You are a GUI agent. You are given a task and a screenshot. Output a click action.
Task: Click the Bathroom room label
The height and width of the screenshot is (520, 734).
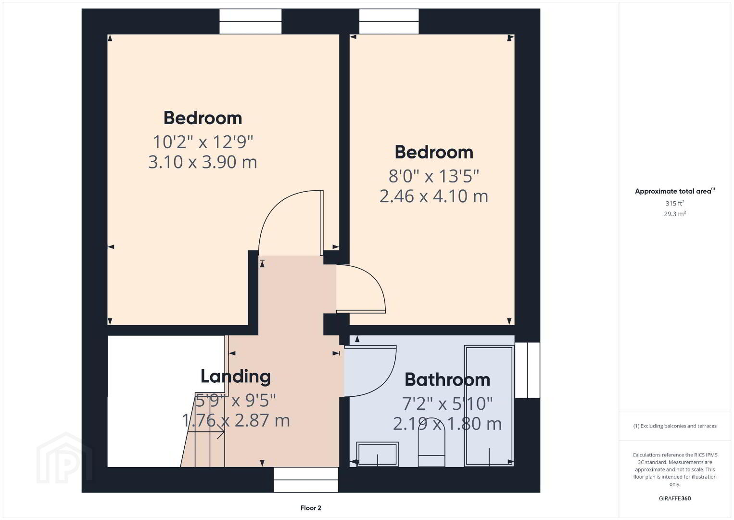447,379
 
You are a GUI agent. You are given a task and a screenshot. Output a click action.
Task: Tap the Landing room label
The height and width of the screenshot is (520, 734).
236,377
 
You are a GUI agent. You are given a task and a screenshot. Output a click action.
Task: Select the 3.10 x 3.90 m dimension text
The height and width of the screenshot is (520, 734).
202,162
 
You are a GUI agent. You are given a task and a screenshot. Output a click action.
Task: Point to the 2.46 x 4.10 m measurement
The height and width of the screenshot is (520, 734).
434,196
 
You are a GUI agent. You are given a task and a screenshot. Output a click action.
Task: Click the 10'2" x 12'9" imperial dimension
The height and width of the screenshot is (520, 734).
203,142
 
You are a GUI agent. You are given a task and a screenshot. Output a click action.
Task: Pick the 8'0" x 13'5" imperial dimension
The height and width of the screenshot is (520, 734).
434,176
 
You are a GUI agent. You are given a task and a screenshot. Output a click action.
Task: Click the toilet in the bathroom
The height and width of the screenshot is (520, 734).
431,442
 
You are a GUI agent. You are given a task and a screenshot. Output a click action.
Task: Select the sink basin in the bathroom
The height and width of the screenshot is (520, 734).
378,454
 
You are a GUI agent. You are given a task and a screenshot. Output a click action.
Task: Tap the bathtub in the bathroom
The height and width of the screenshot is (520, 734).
489,405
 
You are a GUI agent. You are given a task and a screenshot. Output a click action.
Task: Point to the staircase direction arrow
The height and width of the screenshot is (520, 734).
206,432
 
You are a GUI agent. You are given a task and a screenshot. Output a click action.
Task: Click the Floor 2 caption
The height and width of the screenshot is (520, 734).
311,508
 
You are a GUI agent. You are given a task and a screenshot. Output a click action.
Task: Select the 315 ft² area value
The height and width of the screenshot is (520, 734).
675,203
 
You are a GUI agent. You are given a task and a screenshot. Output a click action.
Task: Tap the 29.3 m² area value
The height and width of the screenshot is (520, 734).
675,214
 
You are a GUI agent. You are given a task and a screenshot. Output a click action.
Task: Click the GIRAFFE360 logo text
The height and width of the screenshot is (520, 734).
675,498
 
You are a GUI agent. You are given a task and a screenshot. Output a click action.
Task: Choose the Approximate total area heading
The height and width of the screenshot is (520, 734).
675,191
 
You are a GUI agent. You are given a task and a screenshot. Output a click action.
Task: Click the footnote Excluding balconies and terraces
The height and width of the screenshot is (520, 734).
675,426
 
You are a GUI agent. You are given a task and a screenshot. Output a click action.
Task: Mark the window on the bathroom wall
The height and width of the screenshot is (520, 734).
528,370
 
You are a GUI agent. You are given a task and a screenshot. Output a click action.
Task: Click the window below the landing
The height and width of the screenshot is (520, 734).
306,480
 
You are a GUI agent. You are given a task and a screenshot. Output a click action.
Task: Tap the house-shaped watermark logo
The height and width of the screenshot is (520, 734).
64,458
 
